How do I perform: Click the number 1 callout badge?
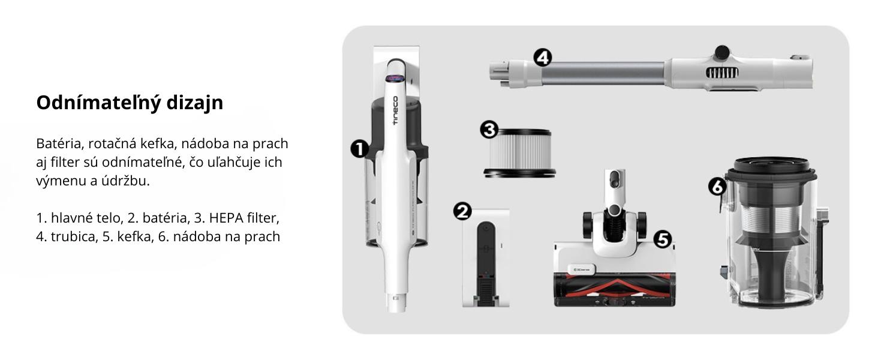point(359,149)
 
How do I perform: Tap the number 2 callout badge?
point(462,211)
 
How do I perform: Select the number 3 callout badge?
point(489,130)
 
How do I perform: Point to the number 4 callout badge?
point(543,58)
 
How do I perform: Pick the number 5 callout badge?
point(663,239)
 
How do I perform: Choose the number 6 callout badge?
point(717,187)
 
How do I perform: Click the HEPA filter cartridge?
point(520,154)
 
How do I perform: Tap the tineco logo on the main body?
point(395,110)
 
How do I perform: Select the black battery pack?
point(486,263)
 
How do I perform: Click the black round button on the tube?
point(722,52)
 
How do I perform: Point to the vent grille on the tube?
point(722,73)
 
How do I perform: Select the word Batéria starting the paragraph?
point(60,143)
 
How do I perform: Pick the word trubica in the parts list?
point(74,236)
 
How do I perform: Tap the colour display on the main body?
point(395,79)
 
